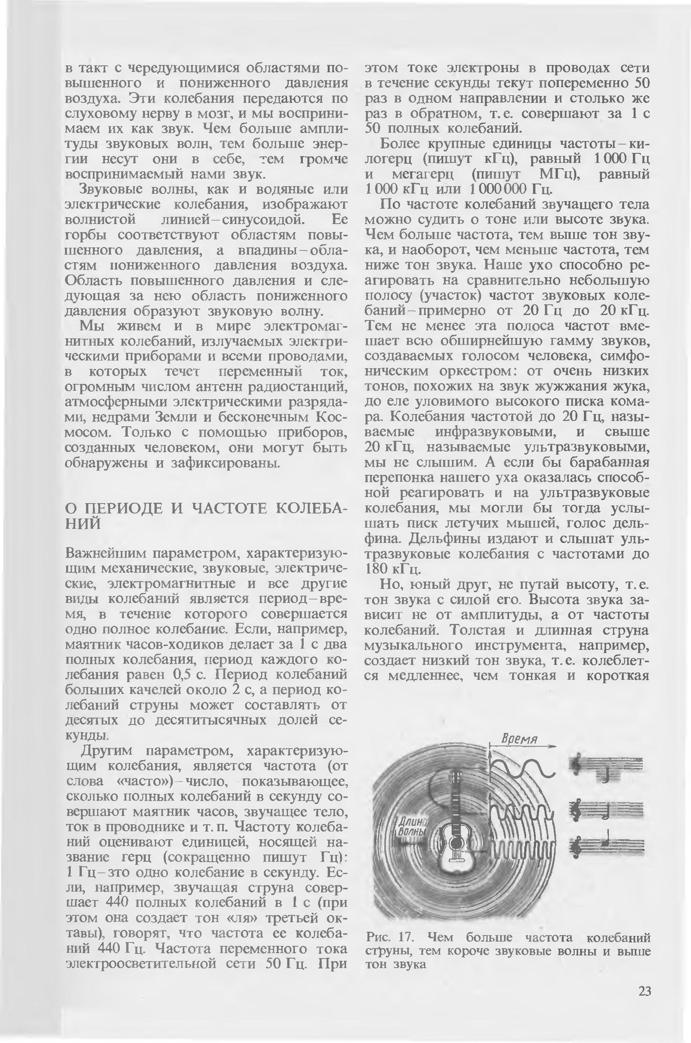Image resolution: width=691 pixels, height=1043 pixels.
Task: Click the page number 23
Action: pyautogui.click(x=644, y=991)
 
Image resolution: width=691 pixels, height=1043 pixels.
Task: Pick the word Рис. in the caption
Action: pyautogui.click(x=379, y=937)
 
